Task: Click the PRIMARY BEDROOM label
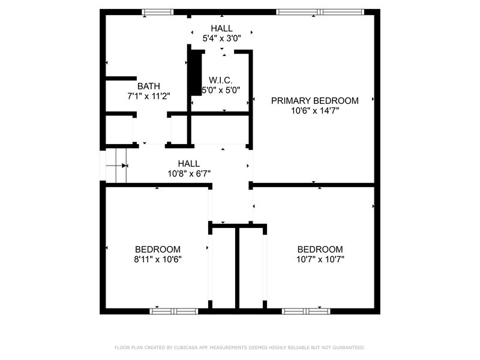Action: point(314,101)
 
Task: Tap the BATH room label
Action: point(148,86)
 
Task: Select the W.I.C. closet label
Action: point(220,80)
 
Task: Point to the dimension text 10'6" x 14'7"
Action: point(314,110)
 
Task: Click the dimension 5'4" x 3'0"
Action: point(221,38)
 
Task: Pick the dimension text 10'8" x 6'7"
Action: point(189,173)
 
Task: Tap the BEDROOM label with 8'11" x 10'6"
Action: point(158,249)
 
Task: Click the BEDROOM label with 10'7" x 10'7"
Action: point(320,249)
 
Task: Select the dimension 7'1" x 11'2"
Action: point(148,96)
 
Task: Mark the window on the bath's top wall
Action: point(158,12)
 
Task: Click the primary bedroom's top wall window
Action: point(320,12)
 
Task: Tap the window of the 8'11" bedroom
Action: point(174,311)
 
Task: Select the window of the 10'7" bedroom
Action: point(306,311)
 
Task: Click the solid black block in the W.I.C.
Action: point(196,73)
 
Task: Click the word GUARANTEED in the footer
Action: point(349,347)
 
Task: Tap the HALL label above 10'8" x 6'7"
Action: point(189,163)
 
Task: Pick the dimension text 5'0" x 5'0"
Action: point(220,91)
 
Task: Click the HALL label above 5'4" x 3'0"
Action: point(221,28)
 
